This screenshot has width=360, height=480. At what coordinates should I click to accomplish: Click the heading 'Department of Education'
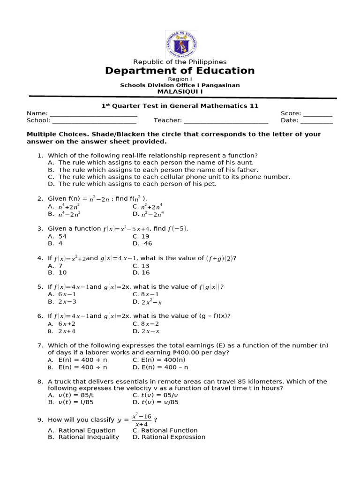pyautogui.click(x=180, y=71)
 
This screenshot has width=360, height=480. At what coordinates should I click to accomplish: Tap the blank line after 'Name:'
pyautogui.click(x=93, y=114)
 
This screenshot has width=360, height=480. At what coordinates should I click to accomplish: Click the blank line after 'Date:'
pyautogui.click(x=316, y=121)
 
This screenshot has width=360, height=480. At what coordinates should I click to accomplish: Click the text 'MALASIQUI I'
pyautogui.click(x=180, y=92)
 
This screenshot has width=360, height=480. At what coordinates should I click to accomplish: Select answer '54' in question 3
pyautogui.click(x=62, y=237)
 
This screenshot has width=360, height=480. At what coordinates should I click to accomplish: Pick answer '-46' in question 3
pyautogui.click(x=146, y=244)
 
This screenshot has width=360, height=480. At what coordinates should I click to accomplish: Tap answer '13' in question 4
pyautogui.click(x=145, y=266)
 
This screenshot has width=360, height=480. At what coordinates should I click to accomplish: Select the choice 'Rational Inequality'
pyautogui.click(x=89, y=437)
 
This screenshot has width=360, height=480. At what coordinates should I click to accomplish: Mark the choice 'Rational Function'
pyautogui.click(x=169, y=430)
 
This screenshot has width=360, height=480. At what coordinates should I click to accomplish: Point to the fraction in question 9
pyautogui.click(x=141, y=420)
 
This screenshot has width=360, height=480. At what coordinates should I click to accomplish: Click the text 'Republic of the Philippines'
pyautogui.click(x=180, y=62)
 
